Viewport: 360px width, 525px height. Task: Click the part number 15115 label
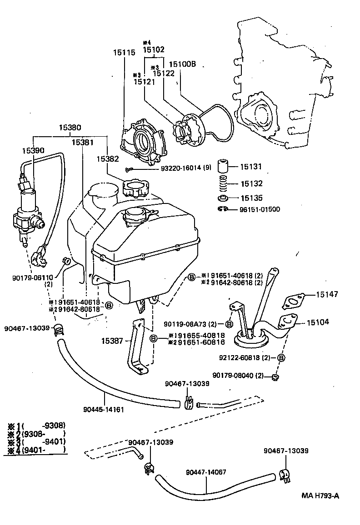pyautogui.click(x=124, y=53)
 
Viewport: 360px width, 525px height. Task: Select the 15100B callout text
pyautogui.click(x=182, y=64)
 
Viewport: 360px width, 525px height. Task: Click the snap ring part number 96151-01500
pyautogui.click(x=260, y=209)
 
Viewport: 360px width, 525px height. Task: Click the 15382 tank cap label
pyautogui.click(x=108, y=159)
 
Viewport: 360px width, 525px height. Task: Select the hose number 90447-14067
pyautogui.click(x=206, y=472)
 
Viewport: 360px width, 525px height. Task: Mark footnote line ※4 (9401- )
pyautogui.click(x=37, y=450)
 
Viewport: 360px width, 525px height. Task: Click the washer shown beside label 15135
pyautogui.click(x=223, y=198)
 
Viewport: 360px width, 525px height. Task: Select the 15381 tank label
pyautogui.click(x=82, y=143)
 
